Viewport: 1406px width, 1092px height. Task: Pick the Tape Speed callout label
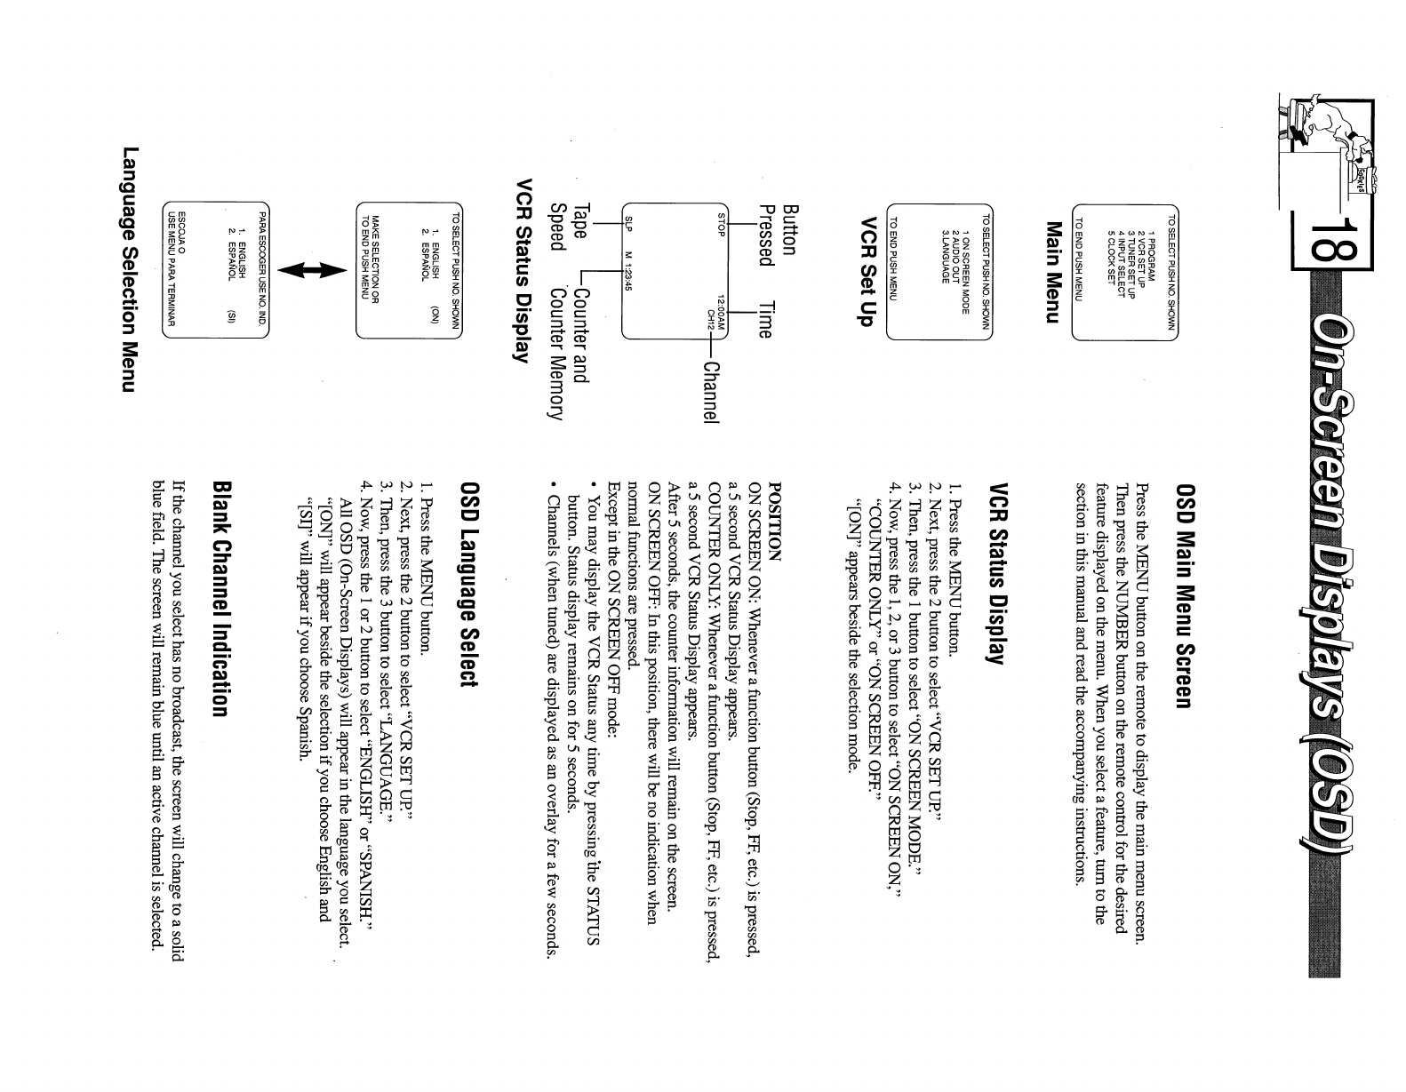(x=570, y=226)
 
